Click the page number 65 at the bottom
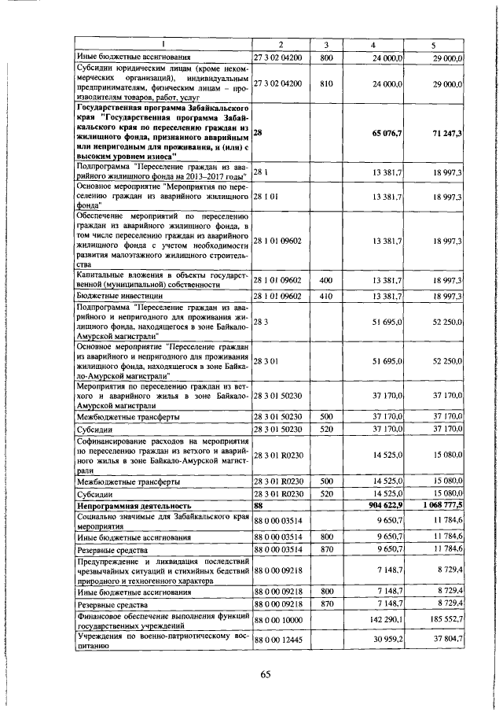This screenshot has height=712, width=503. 265,674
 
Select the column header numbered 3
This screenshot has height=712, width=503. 327,44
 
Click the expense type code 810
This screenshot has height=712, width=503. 327,83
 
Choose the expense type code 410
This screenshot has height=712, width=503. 327,296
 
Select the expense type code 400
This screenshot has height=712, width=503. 327,280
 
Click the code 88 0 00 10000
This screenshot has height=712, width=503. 278,621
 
